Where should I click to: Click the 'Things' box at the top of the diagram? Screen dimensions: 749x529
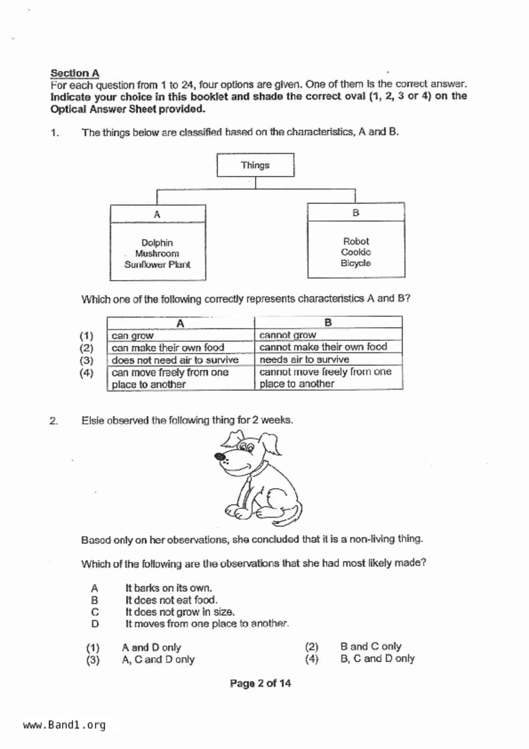point(255,165)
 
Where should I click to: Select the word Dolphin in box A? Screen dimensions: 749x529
point(157,243)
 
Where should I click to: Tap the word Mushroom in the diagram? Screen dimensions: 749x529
point(157,254)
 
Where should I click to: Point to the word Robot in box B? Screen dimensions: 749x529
point(356,241)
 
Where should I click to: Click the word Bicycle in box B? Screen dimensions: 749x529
point(356,263)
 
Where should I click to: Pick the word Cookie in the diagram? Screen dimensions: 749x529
point(356,252)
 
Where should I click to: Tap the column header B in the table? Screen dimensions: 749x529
point(328,322)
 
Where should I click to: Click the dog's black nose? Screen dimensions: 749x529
point(220,457)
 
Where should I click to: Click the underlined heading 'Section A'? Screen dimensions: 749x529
point(75,73)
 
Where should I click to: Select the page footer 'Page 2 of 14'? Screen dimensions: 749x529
point(260,683)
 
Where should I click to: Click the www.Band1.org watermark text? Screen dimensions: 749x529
point(64,725)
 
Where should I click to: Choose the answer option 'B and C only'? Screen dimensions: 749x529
point(370,647)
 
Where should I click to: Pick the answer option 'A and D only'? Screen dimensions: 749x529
point(151,647)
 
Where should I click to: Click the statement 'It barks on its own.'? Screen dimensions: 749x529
point(169,588)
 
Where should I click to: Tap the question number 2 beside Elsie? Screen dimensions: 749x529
point(53,421)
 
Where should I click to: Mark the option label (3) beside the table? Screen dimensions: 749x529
point(86,360)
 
